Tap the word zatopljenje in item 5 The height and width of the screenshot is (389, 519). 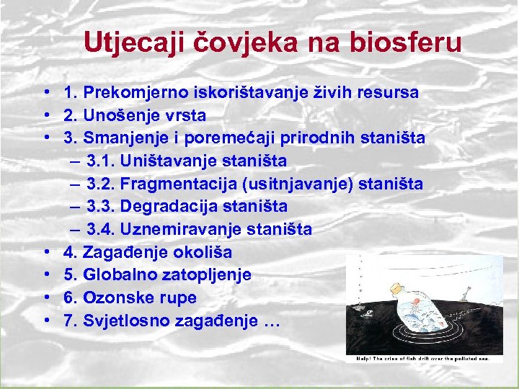pos(205,275)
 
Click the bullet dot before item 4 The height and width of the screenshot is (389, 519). pos(45,253)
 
